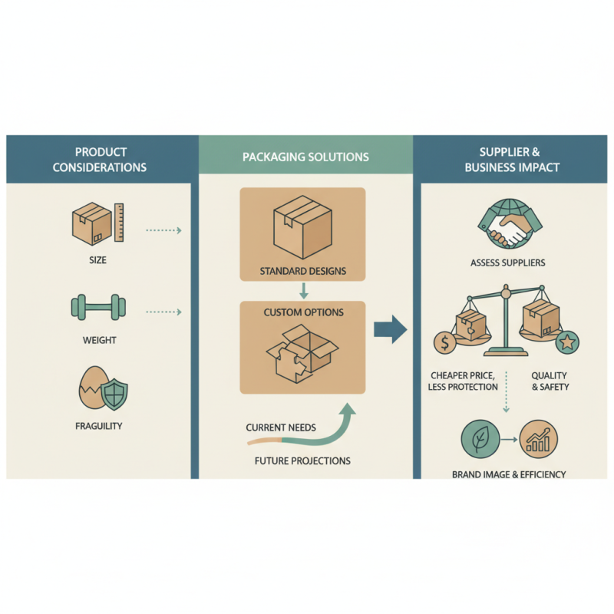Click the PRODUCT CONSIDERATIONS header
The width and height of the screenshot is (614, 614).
[x=101, y=159]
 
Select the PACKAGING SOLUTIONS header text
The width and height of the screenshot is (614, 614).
[x=305, y=157]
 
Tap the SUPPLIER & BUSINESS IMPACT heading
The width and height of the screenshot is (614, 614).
[x=512, y=159]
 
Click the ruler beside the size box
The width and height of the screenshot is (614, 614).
[x=120, y=223]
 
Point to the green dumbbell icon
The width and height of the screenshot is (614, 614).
[x=96, y=309]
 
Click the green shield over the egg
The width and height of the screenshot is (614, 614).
[x=114, y=393]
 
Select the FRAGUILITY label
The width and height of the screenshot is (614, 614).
[x=97, y=425]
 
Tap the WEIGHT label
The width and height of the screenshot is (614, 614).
[x=97, y=339]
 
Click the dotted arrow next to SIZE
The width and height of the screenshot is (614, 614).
[x=163, y=229]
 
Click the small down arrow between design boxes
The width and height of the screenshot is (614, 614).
[x=303, y=291]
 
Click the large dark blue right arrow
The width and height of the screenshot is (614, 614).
[x=390, y=331]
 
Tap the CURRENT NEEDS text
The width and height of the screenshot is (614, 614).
[x=280, y=427]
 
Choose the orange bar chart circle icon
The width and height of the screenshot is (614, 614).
[x=539, y=441]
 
